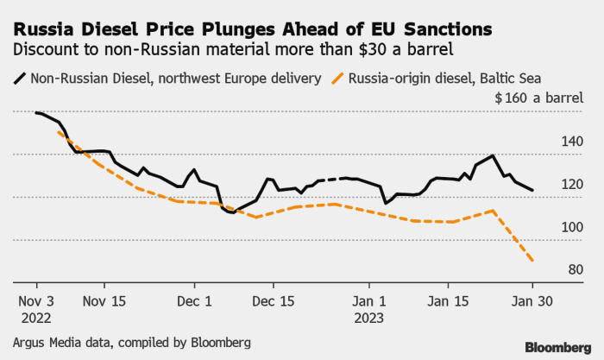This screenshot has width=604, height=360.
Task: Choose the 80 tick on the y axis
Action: (x=576, y=270)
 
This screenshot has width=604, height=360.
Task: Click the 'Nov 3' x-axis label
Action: (x=36, y=301)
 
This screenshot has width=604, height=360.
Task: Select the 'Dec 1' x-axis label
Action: (x=194, y=301)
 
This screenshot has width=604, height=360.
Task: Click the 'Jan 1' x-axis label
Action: (x=369, y=301)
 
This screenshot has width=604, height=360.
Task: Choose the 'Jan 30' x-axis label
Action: (x=532, y=301)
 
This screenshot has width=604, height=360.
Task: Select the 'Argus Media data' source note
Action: (x=130, y=343)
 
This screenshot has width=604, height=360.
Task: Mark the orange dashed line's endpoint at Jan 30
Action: (x=532, y=261)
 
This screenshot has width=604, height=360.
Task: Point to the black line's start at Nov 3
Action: (x=36, y=113)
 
